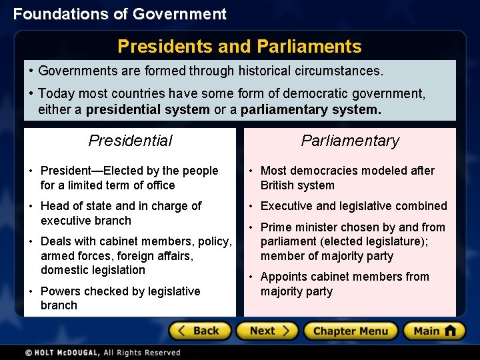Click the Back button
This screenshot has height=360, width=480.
200,331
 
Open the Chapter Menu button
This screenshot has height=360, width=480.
350,331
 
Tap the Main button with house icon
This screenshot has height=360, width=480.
433,331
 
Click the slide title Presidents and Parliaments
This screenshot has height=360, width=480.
239,46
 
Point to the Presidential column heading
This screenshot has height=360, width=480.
130,141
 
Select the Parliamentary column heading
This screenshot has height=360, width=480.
350,141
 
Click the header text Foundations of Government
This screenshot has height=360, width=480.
120,14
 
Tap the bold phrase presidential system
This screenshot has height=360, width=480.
148,109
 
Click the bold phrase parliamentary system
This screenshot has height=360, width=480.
311,109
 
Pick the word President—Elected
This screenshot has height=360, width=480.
91,171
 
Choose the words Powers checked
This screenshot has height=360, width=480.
83,291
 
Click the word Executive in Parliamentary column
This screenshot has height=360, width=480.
287,206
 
